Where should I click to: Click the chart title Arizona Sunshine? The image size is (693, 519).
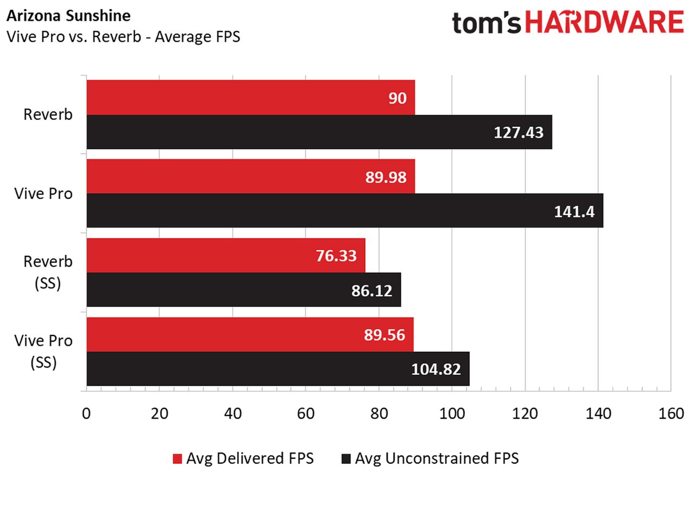click(68, 16)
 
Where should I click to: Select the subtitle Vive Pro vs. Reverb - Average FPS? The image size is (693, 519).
click(123, 37)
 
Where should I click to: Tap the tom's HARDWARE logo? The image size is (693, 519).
click(568, 22)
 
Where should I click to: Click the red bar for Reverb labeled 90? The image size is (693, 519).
click(251, 98)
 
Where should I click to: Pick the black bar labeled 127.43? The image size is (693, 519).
click(319, 132)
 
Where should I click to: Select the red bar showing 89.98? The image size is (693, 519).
click(251, 176)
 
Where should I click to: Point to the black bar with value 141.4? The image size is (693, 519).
click(345, 210)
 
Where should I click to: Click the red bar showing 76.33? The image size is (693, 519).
click(226, 255)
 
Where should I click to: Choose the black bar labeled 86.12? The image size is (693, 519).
click(244, 289)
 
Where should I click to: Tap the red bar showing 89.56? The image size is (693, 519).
click(250, 334)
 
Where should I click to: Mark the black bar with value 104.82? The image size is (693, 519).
click(278, 368)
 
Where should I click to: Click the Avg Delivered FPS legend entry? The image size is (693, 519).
click(243, 458)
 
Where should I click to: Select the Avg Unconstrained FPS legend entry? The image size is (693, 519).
click(430, 458)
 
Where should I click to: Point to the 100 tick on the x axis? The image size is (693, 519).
click(452, 413)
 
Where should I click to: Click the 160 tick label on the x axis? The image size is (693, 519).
click(671, 413)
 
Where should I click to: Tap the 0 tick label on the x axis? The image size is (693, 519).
click(86, 413)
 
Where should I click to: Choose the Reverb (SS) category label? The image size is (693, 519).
click(48, 273)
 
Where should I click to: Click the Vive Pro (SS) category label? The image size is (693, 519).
click(43, 351)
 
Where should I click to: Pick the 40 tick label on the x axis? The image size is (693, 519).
click(233, 413)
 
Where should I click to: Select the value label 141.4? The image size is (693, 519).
click(574, 211)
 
